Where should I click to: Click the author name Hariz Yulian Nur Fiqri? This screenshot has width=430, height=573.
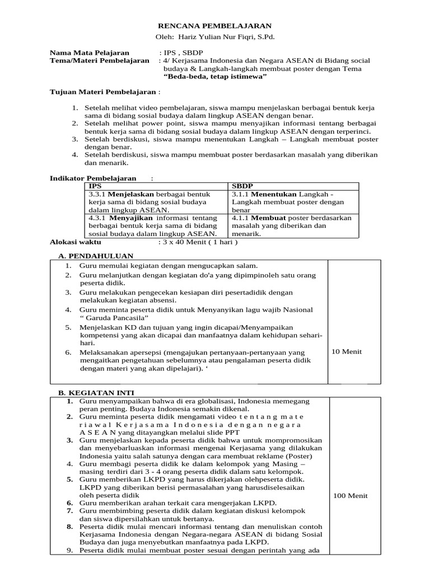click(x=214, y=37)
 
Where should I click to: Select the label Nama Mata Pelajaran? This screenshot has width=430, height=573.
click(x=90, y=52)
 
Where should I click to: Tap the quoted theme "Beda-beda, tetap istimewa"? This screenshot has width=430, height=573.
click(x=215, y=77)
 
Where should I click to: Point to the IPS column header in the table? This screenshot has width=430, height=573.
click(x=96, y=185)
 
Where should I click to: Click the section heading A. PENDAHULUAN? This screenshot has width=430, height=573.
click(x=96, y=255)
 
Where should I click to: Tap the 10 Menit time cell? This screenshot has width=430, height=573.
click(x=347, y=351)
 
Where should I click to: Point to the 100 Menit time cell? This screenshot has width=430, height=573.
click(x=350, y=496)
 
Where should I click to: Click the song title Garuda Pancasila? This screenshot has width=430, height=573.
click(x=113, y=318)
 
